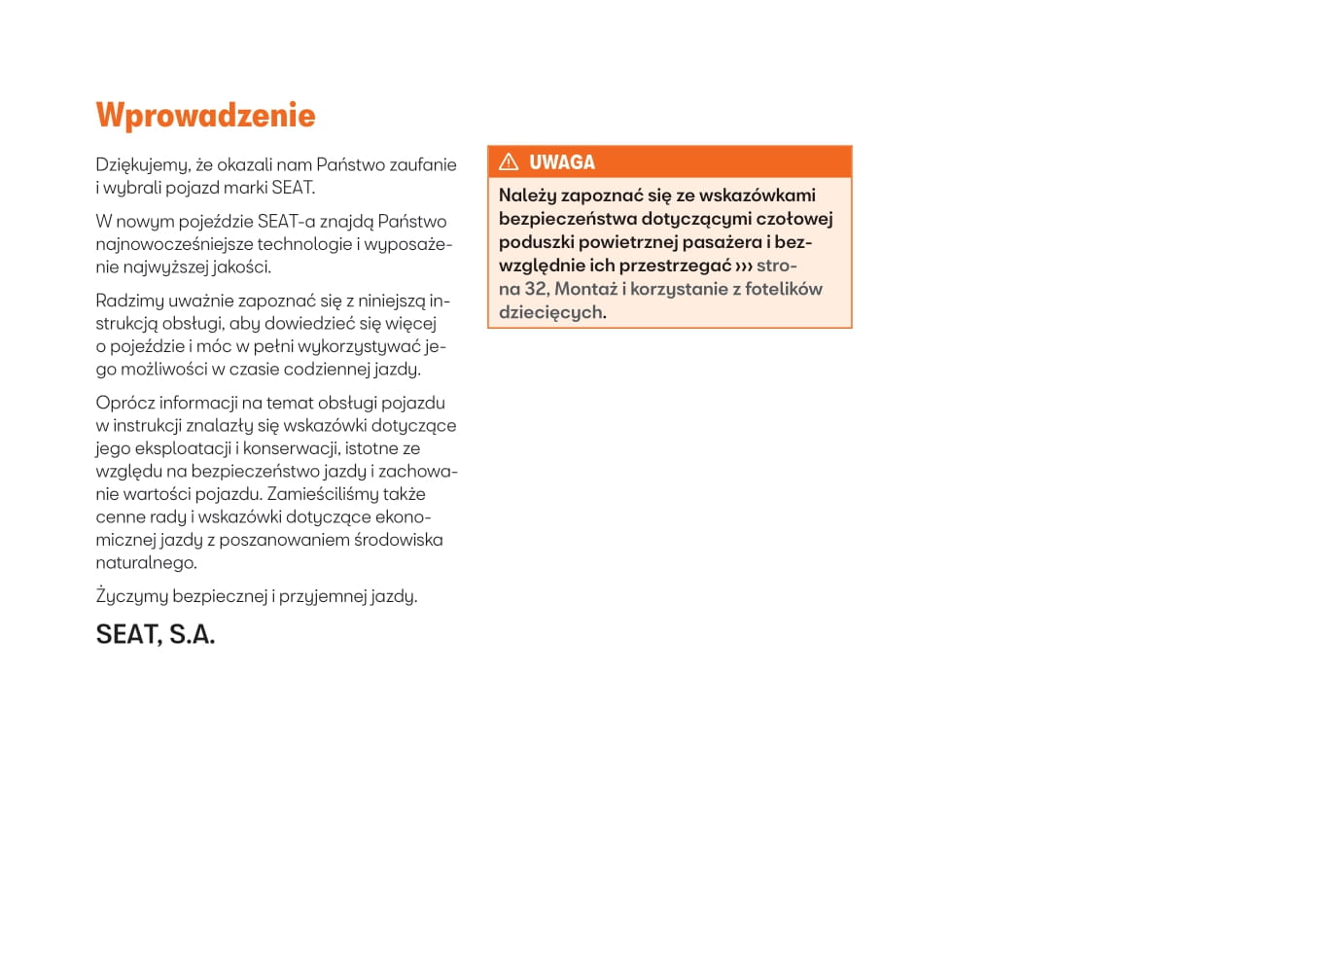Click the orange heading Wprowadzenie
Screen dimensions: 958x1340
[x=205, y=116]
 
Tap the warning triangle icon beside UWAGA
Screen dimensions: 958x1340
[x=509, y=161]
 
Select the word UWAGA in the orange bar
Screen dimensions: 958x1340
[x=562, y=162]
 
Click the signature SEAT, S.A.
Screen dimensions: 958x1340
[x=156, y=634]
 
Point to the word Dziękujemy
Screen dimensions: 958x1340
[x=142, y=165]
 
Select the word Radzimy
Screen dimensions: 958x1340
[x=130, y=302]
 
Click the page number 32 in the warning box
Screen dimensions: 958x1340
[x=535, y=289]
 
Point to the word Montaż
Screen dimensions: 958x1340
[x=585, y=289]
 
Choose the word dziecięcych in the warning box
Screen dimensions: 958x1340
[x=550, y=312]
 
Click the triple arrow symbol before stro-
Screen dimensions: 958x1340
[x=744, y=266]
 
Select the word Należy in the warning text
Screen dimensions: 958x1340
[x=527, y=195]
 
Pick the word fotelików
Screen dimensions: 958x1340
[x=784, y=289]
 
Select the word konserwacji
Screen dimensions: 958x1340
[x=288, y=448]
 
